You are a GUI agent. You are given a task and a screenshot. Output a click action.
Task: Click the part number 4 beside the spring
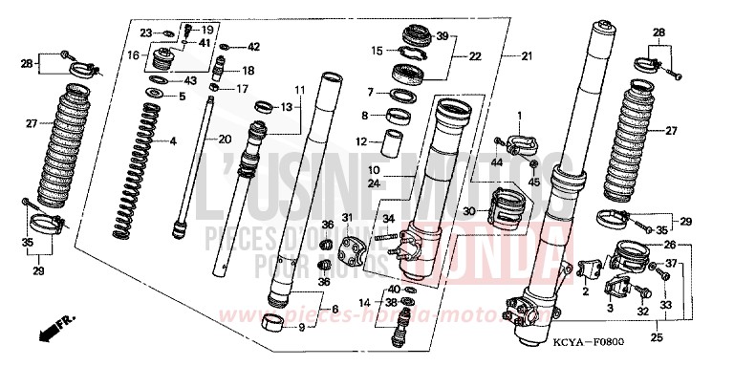click(173, 142)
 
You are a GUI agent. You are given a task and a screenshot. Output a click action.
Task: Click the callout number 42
click(253, 46)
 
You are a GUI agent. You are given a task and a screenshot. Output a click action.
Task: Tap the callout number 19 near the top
click(207, 31)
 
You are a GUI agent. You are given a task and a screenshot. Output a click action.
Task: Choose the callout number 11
click(299, 90)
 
